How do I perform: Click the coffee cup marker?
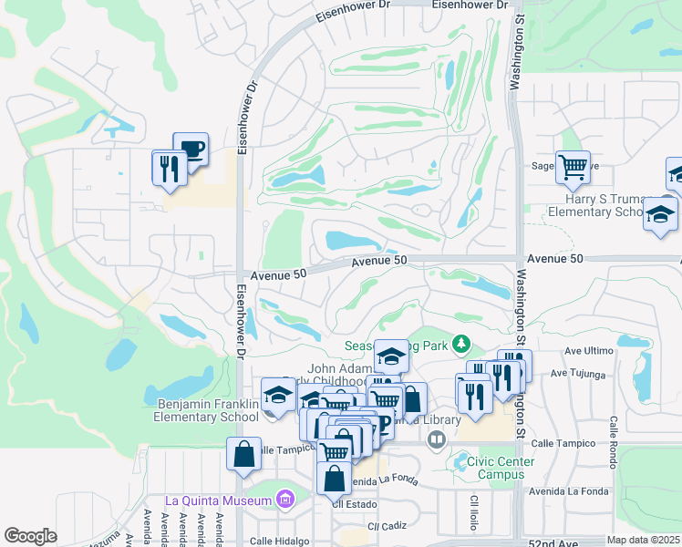pos(191,149)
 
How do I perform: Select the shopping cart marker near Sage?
pos(573,167)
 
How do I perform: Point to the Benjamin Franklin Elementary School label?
pos(208,410)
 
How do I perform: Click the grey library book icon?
pos(436,439)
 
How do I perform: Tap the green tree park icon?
pos(462,344)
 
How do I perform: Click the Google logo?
pos(30,536)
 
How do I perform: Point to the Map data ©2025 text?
pos(642,540)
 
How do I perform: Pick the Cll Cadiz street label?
pos(387,526)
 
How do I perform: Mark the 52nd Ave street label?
pos(553,542)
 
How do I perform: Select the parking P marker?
pos(383,426)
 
